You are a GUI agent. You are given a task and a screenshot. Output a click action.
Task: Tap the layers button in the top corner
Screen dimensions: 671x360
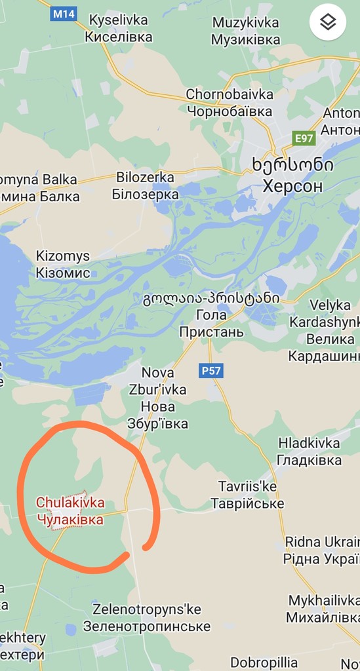click(328, 22)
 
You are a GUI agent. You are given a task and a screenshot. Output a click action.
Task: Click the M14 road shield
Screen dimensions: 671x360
click(63, 14)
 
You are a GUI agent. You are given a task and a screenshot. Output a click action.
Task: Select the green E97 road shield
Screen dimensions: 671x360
click(304, 138)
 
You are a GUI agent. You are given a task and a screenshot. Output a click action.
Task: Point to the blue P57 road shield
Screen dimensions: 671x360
click(211, 371)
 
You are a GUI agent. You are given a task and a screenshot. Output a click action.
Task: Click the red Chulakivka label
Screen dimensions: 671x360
click(70, 511)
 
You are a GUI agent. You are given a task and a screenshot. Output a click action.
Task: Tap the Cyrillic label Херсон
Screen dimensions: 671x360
click(292, 186)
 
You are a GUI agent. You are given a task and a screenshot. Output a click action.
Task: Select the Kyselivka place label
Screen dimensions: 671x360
click(119, 29)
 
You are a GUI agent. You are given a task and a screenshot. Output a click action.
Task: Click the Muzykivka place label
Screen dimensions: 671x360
click(245, 31)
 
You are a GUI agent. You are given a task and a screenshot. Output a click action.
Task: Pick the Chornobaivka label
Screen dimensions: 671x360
click(229, 102)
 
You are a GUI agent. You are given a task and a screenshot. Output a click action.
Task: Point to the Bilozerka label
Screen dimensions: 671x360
click(145, 186)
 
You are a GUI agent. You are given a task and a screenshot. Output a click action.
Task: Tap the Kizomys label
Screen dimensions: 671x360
click(63, 264)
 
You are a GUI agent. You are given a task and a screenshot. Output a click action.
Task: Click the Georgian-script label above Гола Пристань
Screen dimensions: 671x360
click(211, 298)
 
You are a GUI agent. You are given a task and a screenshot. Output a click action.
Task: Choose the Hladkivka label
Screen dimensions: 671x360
click(309, 451)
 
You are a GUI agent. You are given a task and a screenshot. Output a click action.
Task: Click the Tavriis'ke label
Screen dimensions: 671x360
click(247, 495)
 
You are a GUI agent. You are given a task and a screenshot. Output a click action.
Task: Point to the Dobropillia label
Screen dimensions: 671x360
click(264, 662)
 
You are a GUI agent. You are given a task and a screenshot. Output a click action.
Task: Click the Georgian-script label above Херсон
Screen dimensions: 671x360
click(292, 165)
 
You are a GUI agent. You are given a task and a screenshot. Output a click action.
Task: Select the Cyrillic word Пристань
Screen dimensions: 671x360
click(211, 332)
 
